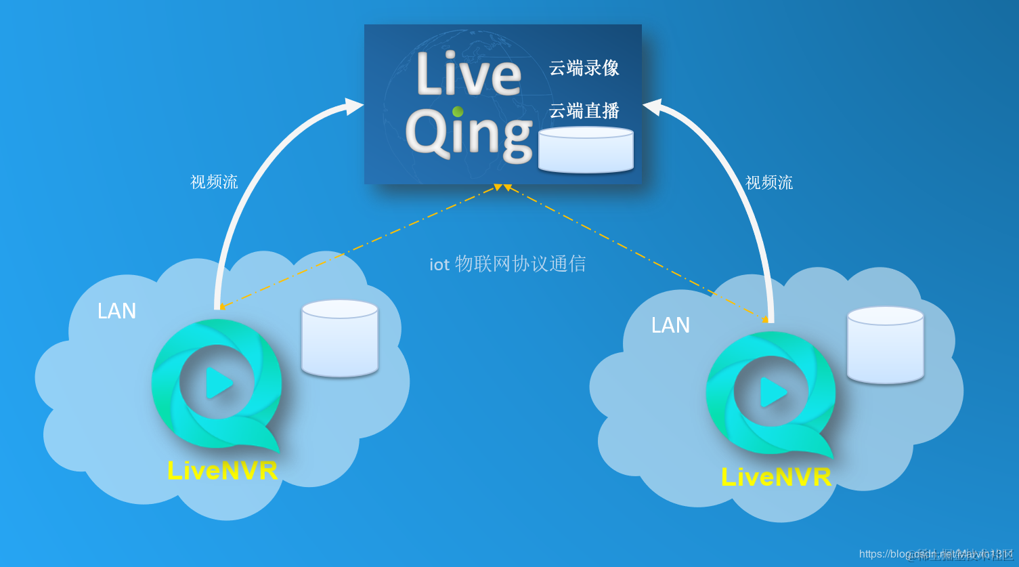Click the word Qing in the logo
pos(469,134)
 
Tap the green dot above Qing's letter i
pos(458,111)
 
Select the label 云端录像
pos(584,68)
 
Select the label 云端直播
pos(584,110)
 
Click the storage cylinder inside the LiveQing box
pos(586,150)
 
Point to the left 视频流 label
pos(214,182)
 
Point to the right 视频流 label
pos(768,182)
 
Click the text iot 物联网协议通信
pos(507,264)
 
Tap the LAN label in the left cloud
pos(116,311)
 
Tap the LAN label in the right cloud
pos(670,325)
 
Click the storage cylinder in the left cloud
pos(339,338)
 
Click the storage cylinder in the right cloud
pos(885,345)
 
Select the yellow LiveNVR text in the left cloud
pos(222,471)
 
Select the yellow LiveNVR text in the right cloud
pos(776,477)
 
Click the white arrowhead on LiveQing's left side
pos(353,106)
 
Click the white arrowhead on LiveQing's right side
pos(652,107)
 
